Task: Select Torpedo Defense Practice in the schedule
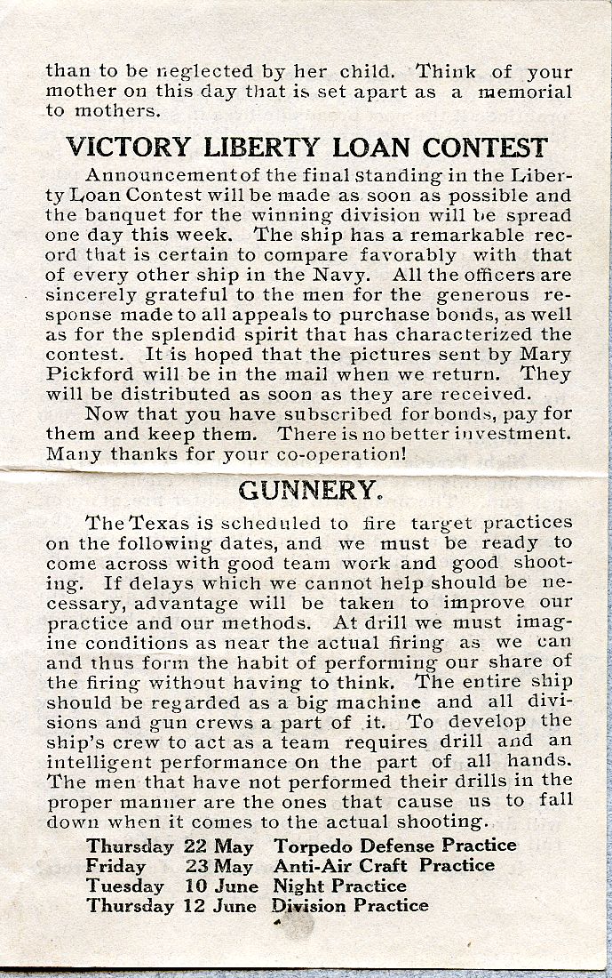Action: click(395, 846)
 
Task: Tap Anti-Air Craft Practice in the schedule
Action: click(384, 865)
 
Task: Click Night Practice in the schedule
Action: click(339, 886)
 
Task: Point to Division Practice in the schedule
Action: click(350, 906)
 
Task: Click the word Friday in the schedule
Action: click(115, 866)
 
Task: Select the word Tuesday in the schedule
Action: click(125, 886)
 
